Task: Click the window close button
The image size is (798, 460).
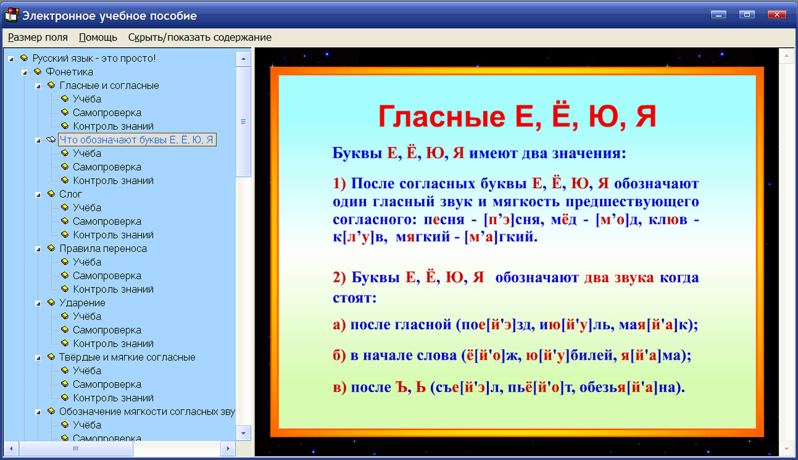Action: point(776,14)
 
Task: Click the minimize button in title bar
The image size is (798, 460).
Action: point(719,14)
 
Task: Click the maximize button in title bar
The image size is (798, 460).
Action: point(747,14)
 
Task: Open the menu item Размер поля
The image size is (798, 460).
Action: point(37,37)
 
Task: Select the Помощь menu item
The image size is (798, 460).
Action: point(98,37)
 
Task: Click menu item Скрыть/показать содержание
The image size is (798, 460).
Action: point(199,37)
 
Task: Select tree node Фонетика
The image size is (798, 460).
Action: point(69,72)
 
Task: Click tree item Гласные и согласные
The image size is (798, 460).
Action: point(109,85)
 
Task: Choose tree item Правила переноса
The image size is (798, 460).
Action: point(103,249)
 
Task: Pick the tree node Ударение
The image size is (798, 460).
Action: point(82,303)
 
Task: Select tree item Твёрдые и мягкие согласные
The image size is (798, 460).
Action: point(127,357)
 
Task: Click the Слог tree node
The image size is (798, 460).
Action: point(71,194)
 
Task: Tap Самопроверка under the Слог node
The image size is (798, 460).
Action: point(107,221)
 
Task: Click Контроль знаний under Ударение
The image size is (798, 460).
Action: point(113,343)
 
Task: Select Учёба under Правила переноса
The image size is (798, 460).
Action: point(87,262)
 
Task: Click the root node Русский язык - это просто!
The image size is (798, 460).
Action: point(94,58)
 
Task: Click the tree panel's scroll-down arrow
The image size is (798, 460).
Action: point(244,431)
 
